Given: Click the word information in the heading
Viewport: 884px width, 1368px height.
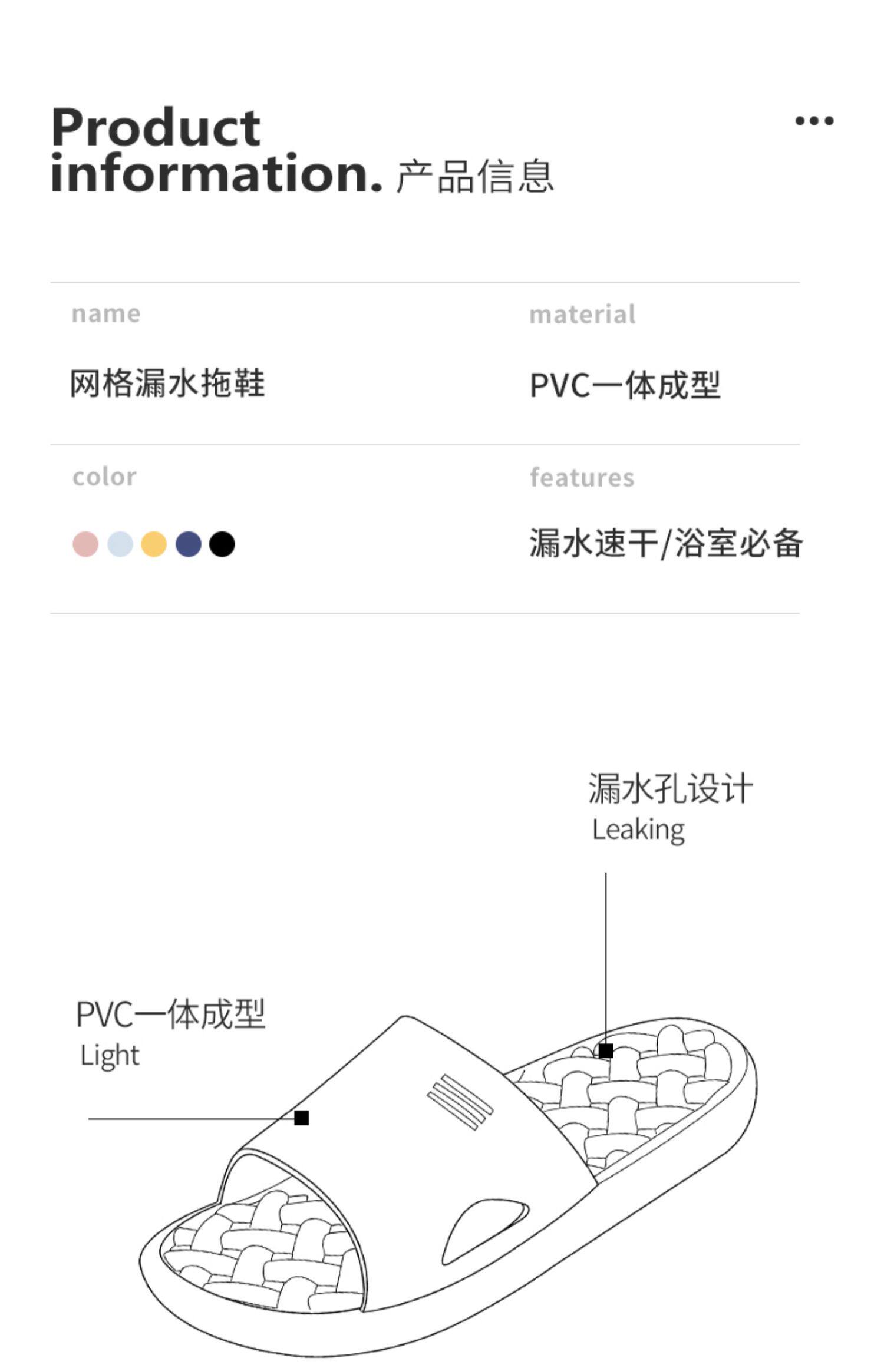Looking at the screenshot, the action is click(x=216, y=173).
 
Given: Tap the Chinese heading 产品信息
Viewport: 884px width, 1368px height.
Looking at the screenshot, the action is click(x=475, y=176).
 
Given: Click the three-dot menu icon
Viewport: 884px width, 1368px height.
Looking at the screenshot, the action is click(x=814, y=121).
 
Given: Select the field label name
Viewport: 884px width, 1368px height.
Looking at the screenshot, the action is click(x=106, y=313).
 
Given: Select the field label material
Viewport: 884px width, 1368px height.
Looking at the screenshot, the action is click(x=582, y=314).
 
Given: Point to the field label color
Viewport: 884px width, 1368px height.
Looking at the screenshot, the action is click(x=104, y=477).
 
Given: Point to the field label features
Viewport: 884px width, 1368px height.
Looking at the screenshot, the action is click(x=582, y=477).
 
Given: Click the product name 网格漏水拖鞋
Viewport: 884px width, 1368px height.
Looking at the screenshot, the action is click(x=168, y=384).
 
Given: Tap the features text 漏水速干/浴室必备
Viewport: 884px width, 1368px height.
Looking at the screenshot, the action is click(x=665, y=543).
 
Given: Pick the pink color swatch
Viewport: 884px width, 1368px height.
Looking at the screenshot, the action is click(x=85, y=544).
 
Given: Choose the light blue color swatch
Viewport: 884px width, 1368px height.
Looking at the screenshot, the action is click(x=120, y=544).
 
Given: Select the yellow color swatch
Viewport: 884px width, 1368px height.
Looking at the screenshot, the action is click(x=154, y=544).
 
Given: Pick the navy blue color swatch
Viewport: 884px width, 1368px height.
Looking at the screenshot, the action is click(x=189, y=544).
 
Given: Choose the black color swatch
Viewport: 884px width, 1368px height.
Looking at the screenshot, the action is click(x=222, y=544).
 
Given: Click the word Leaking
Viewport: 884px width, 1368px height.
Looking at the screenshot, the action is click(x=638, y=830).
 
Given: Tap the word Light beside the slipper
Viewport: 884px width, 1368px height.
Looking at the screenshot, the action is click(x=110, y=1055).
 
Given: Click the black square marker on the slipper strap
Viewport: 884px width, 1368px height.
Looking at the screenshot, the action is click(x=302, y=1118).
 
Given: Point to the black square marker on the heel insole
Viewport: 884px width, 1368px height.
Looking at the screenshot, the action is click(x=606, y=1051).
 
